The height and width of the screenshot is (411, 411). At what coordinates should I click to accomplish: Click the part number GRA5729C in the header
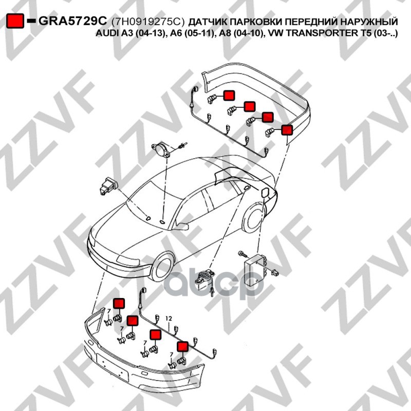pos(73,21)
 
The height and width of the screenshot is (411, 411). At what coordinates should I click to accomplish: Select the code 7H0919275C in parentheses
pos(148,21)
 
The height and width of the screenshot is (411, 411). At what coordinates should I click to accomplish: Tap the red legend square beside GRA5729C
pos(15,21)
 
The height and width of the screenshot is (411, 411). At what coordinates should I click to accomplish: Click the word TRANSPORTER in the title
pos(315,33)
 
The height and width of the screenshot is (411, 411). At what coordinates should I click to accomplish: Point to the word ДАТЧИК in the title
pos(207,22)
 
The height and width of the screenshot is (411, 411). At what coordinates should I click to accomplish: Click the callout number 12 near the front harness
pos(169,319)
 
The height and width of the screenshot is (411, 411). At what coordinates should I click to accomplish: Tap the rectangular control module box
pos(255,269)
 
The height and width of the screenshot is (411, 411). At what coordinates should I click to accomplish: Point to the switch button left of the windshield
pos(108,185)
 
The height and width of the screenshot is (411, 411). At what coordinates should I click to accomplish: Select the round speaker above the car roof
pos(161,150)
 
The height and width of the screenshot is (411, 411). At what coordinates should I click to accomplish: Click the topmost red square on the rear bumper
pos(229,95)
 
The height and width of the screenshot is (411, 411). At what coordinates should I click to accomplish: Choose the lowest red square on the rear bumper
pos(287,130)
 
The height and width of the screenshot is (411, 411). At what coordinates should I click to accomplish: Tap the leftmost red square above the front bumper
pos(119,303)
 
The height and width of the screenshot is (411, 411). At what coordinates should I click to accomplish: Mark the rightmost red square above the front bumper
pos(183,346)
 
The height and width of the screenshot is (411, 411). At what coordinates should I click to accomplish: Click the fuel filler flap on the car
pos(265,193)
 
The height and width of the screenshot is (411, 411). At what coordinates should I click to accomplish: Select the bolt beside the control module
pos(242,253)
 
